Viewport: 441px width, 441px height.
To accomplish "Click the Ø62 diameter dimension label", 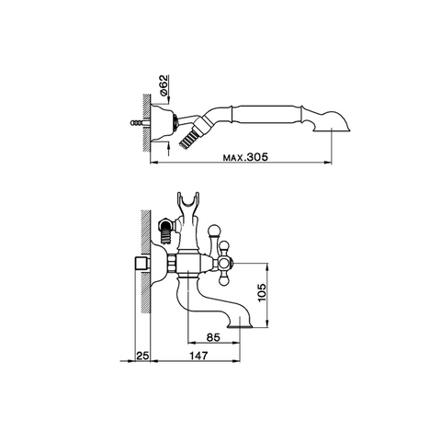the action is [x=164, y=85].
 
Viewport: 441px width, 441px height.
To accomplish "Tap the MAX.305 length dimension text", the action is [x=245, y=157].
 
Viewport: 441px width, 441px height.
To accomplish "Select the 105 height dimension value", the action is [x=262, y=292].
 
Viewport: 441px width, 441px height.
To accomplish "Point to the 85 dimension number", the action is [x=213, y=337].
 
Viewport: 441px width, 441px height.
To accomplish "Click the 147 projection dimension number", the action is [x=198, y=356].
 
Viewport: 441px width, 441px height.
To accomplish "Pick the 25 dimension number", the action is [x=142, y=356].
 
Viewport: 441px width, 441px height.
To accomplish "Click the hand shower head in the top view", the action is [x=332, y=121].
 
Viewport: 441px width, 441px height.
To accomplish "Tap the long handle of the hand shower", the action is [x=266, y=115].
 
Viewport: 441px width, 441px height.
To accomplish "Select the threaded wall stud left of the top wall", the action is [x=140, y=123].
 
